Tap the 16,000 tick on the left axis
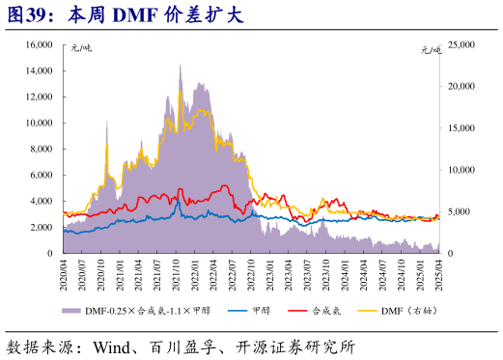(x=36, y=44)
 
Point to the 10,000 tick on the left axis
(x=36, y=123)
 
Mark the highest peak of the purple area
(x=180, y=66)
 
